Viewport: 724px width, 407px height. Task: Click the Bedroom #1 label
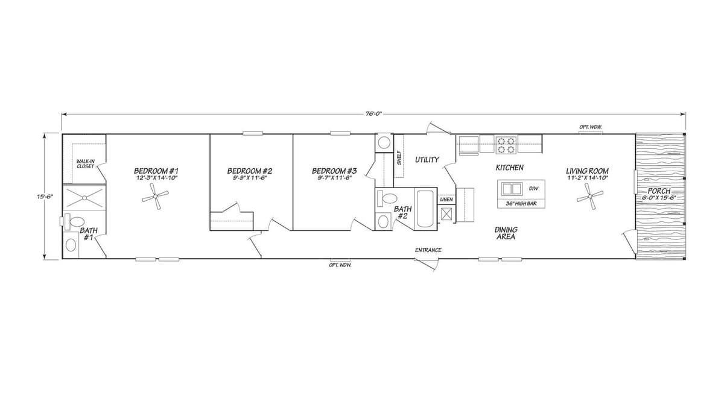pos(156,171)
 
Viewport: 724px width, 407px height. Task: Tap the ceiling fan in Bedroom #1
pos(158,196)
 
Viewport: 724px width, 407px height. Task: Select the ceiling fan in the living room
pos(589,195)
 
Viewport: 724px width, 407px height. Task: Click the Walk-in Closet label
pos(85,163)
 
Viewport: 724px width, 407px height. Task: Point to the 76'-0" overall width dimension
pos(374,114)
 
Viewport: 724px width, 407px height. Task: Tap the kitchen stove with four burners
pos(506,144)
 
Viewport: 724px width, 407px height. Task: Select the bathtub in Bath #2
pos(425,209)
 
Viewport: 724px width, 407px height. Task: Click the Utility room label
pos(427,160)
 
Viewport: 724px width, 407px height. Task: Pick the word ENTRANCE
pos(428,250)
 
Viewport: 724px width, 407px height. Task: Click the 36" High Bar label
pos(521,204)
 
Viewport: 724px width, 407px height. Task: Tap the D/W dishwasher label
pos(533,188)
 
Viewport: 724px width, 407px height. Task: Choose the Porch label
pos(659,191)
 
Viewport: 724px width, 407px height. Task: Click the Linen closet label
pos(446,199)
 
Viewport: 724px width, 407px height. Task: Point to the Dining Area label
pos(506,233)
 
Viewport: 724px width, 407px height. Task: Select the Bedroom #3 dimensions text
pos(334,177)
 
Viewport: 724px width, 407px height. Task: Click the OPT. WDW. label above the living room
pos(590,127)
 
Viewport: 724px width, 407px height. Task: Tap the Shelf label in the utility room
pos(399,158)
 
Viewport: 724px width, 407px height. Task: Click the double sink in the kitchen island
pos(512,188)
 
